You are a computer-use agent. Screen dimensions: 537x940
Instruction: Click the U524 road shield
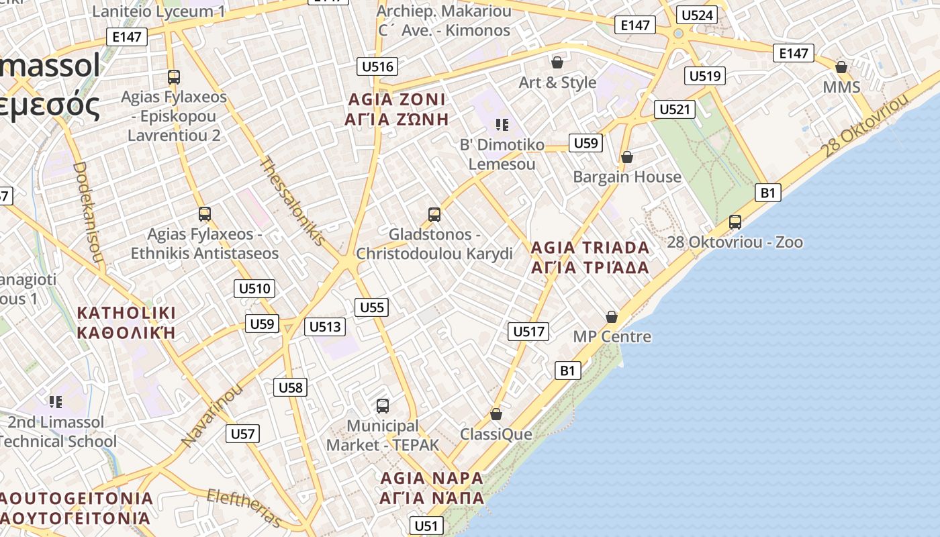(697, 15)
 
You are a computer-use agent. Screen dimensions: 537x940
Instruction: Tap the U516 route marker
(377, 66)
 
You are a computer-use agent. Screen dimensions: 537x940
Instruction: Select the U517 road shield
(528, 331)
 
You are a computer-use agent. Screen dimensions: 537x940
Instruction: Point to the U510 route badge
(254, 289)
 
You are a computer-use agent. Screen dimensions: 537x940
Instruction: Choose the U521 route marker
(674, 109)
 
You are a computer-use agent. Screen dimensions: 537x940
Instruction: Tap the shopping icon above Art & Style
(557, 62)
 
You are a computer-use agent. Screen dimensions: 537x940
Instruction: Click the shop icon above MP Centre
(612, 316)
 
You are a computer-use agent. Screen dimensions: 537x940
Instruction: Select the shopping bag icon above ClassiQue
(496, 414)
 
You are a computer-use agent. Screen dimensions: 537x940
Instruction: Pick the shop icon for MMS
(841, 67)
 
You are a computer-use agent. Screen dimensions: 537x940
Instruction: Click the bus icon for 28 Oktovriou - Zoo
(735, 222)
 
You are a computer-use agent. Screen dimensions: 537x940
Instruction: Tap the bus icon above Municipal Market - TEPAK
(382, 405)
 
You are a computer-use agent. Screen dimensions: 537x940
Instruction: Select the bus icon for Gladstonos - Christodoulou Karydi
(434, 215)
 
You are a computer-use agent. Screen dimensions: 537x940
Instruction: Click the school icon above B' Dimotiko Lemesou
(502, 124)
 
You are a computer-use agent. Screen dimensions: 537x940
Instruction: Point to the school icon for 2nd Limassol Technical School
(56, 402)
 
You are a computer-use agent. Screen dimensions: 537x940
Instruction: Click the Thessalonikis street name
(293, 201)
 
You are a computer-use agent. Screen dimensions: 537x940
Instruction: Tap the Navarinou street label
(211, 416)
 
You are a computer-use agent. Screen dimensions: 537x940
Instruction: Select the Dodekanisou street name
(88, 212)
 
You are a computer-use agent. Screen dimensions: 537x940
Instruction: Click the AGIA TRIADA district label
(590, 257)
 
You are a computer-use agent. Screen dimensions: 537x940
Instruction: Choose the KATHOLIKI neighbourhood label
(126, 322)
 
